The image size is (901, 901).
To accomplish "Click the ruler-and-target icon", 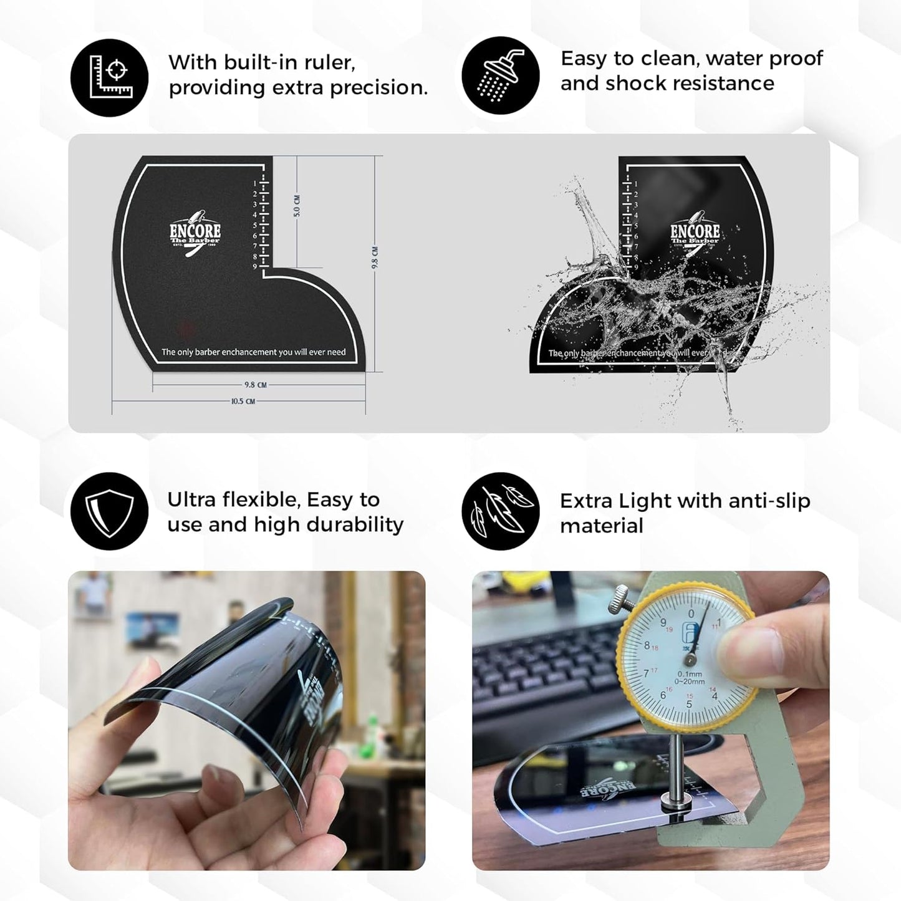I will (109, 77).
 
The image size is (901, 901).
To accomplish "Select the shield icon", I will (109, 511).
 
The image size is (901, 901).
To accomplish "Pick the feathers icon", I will (500, 511).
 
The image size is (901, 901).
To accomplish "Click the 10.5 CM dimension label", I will (243, 401).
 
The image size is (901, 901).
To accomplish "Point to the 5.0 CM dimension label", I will (297, 206).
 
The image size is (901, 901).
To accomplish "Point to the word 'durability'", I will (360, 525).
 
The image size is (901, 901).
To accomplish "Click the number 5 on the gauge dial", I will (689, 704).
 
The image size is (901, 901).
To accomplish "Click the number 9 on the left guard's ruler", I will (255, 266).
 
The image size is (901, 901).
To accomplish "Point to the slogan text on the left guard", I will (253, 352).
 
